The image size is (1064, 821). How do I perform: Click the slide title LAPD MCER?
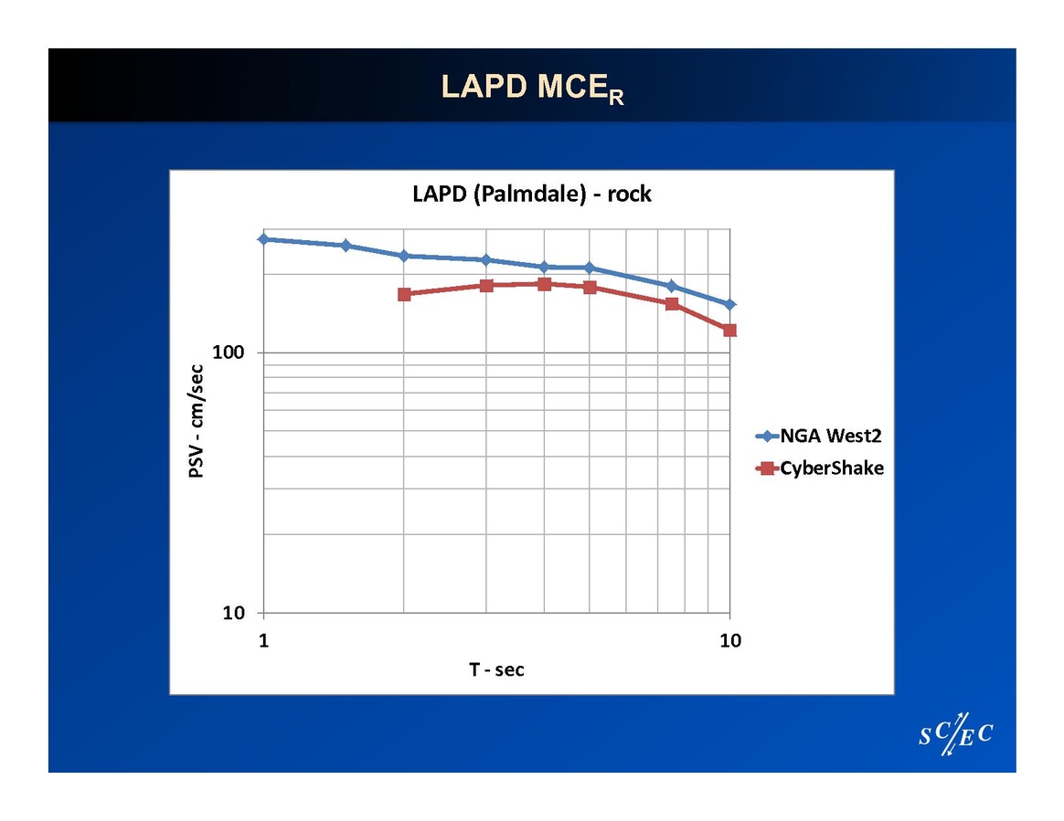532,87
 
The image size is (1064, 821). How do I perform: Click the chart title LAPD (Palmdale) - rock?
531,194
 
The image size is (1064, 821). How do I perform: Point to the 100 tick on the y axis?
232,353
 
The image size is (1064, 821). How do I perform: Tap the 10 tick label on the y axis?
235,613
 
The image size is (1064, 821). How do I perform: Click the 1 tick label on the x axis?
264,640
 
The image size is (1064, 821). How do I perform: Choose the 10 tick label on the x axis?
729,640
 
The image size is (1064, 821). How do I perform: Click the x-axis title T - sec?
496,669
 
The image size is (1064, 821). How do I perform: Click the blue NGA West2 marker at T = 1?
264,239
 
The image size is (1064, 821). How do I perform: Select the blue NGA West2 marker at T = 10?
729,304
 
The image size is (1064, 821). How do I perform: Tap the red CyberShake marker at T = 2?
404,294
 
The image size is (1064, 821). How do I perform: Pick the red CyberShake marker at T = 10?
729,330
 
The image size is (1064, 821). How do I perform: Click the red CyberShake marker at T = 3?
486,286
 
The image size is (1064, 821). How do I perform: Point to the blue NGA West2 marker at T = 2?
404,256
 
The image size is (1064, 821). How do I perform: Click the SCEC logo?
955,733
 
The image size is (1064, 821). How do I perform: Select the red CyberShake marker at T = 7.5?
672,303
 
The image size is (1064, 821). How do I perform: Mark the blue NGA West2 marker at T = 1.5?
346,246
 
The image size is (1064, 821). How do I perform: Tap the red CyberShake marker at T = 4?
545,284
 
